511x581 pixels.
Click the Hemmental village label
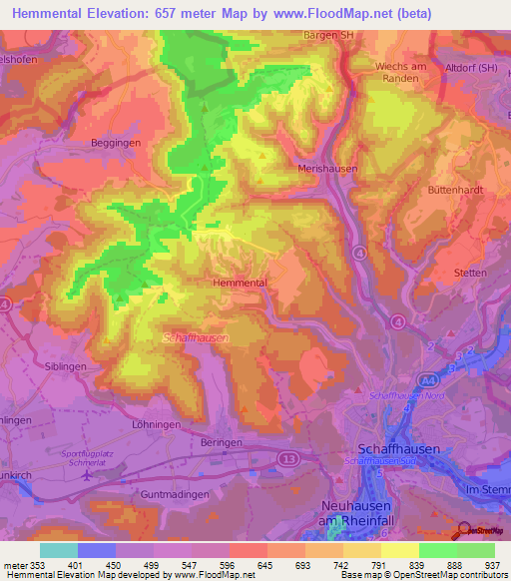click(x=240, y=284)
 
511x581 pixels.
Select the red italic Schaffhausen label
click(x=196, y=338)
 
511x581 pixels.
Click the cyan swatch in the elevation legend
click(x=59, y=550)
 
